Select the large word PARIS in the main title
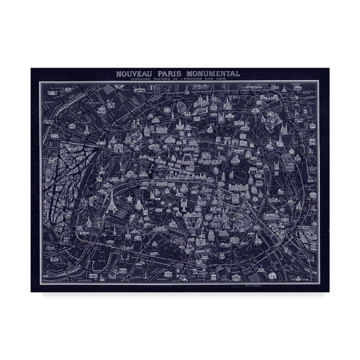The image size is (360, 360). (x=175, y=74)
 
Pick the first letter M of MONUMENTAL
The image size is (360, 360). (x=195, y=74)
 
